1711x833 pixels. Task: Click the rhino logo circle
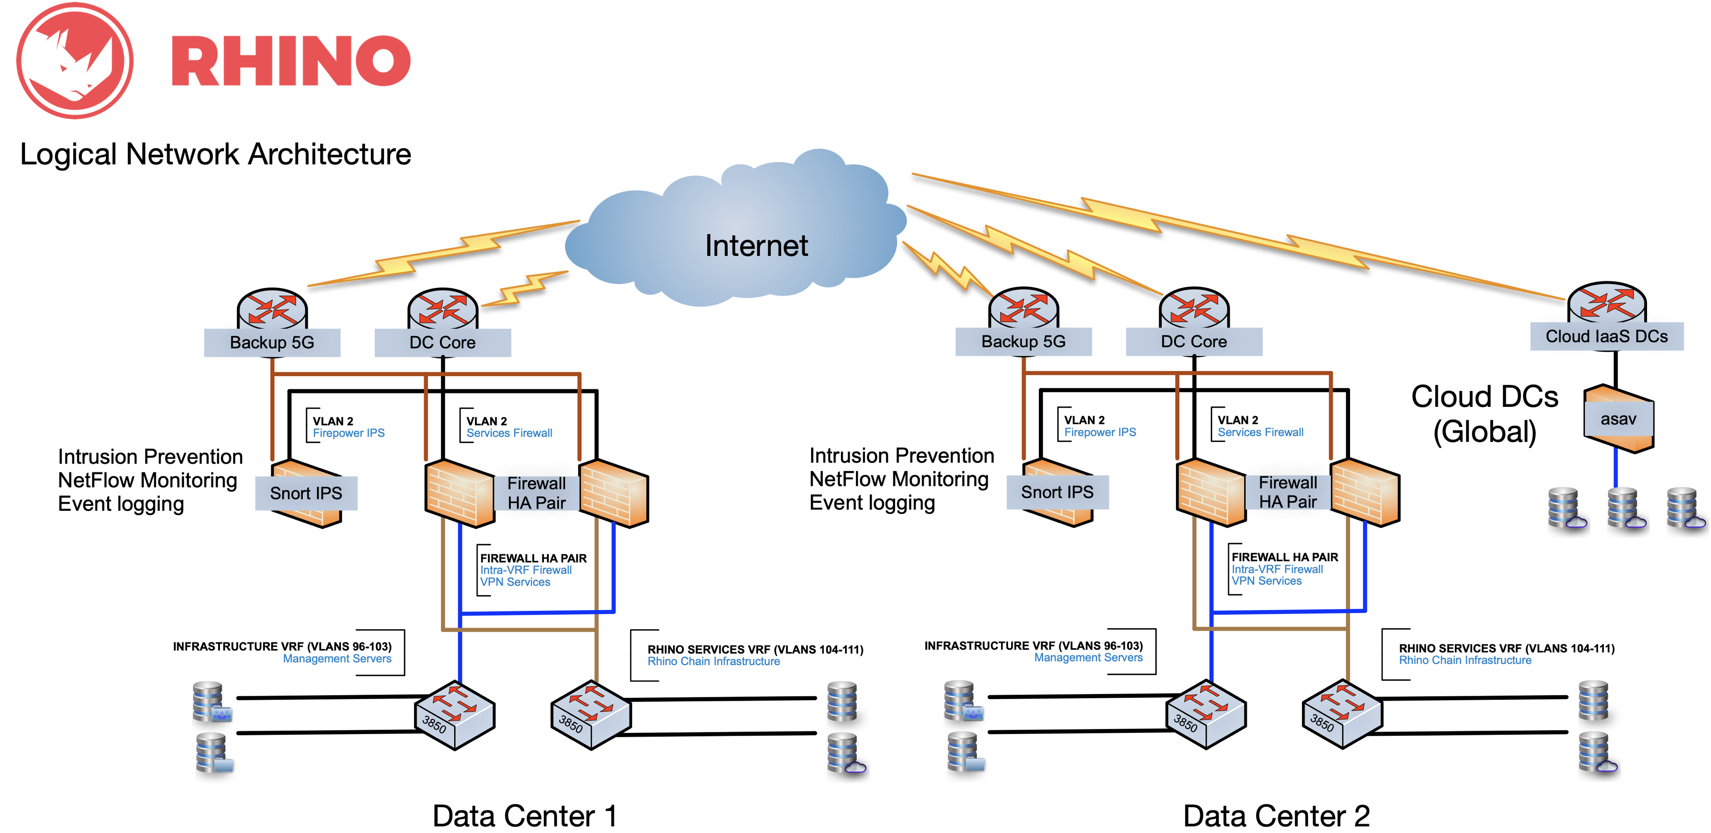point(74,61)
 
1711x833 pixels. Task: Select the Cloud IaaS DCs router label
point(1606,336)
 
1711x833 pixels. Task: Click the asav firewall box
point(1618,419)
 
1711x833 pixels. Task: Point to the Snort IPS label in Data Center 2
point(1057,492)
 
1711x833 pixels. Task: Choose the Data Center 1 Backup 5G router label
point(272,343)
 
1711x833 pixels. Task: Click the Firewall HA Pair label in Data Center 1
point(537,493)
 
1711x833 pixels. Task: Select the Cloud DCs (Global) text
point(1485,414)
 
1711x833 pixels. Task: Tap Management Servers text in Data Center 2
point(1088,658)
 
